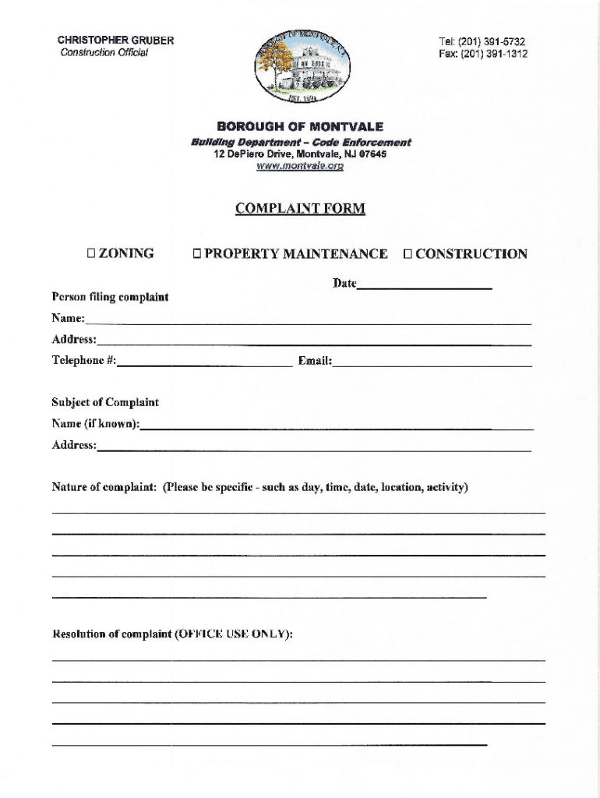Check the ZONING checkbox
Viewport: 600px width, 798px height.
(x=90, y=253)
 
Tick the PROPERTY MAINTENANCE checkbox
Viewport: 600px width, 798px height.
(x=198, y=253)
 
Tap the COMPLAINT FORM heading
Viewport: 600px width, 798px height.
(x=300, y=208)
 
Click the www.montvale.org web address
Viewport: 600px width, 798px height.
(x=300, y=165)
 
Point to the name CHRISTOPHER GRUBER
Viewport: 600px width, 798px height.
(x=115, y=41)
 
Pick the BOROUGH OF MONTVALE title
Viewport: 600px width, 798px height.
(x=300, y=126)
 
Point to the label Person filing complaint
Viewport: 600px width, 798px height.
(x=110, y=297)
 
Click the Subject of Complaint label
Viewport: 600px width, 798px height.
(x=105, y=402)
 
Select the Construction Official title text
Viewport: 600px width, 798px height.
(x=104, y=53)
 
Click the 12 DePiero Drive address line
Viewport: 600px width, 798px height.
(x=300, y=154)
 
